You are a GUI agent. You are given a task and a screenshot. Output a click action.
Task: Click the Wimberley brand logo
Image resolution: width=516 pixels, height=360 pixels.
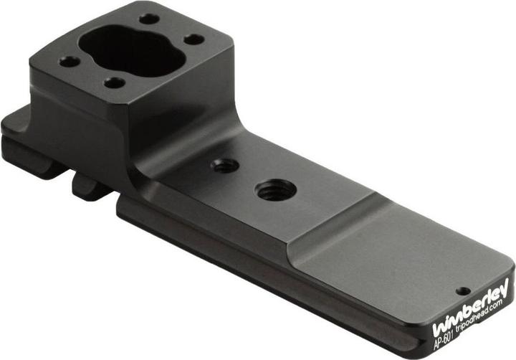pyautogui.click(x=471, y=308)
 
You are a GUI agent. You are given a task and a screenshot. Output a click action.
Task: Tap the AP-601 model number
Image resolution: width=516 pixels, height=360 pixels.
pyautogui.click(x=444, y=340)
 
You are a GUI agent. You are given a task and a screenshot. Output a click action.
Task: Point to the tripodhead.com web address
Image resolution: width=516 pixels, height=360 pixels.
pyautogui.click(x=479, y=316)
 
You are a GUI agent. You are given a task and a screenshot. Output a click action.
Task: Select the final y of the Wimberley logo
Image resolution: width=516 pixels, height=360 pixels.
pyautogui.click(x=504, y=288)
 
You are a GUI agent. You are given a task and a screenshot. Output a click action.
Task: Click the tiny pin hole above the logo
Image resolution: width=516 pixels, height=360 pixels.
pyautogui.click(x=464, y=291)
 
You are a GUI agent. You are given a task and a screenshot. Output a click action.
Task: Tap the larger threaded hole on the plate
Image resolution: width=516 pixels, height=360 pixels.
pyautogui.click(x=277, y=190)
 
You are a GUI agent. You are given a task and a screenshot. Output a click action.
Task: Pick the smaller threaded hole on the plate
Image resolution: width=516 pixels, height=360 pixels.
pyautogui.click(x=225, y=166)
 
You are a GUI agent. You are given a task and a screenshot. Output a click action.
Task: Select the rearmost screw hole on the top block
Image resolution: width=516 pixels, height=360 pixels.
pyautogui.click(x=149, y=19)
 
